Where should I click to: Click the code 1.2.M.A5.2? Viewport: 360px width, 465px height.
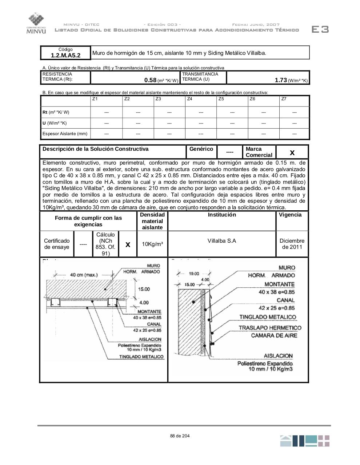point(65,56)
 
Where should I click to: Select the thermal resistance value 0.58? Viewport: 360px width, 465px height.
point(150,80)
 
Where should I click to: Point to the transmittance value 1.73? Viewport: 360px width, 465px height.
point(281,80)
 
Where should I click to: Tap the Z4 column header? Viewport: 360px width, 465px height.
point(189,99)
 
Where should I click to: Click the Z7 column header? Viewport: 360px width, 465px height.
point(284,99)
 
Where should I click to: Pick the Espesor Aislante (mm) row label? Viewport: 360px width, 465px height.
point(65,134)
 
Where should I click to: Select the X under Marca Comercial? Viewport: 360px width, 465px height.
point(292,153)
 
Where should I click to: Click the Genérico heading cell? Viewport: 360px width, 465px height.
point(201,149)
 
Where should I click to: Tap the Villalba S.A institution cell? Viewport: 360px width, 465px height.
point(222,241)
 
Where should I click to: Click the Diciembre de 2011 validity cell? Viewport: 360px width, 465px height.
point(292,244)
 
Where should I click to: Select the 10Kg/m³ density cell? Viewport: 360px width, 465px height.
point(152,244)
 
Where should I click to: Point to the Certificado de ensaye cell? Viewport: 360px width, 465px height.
point(57,244)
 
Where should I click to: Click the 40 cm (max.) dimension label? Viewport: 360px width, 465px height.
point(84,275)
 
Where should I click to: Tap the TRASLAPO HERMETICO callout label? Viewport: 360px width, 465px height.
point(270,328)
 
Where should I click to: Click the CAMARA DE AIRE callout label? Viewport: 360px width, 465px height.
point(274,335)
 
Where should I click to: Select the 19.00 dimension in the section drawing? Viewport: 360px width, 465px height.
point(194,274)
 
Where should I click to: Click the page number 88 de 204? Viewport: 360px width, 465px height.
point(180,436)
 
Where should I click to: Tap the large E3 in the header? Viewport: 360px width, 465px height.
point(320,29)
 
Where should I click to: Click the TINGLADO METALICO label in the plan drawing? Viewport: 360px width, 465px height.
point(141,357)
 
